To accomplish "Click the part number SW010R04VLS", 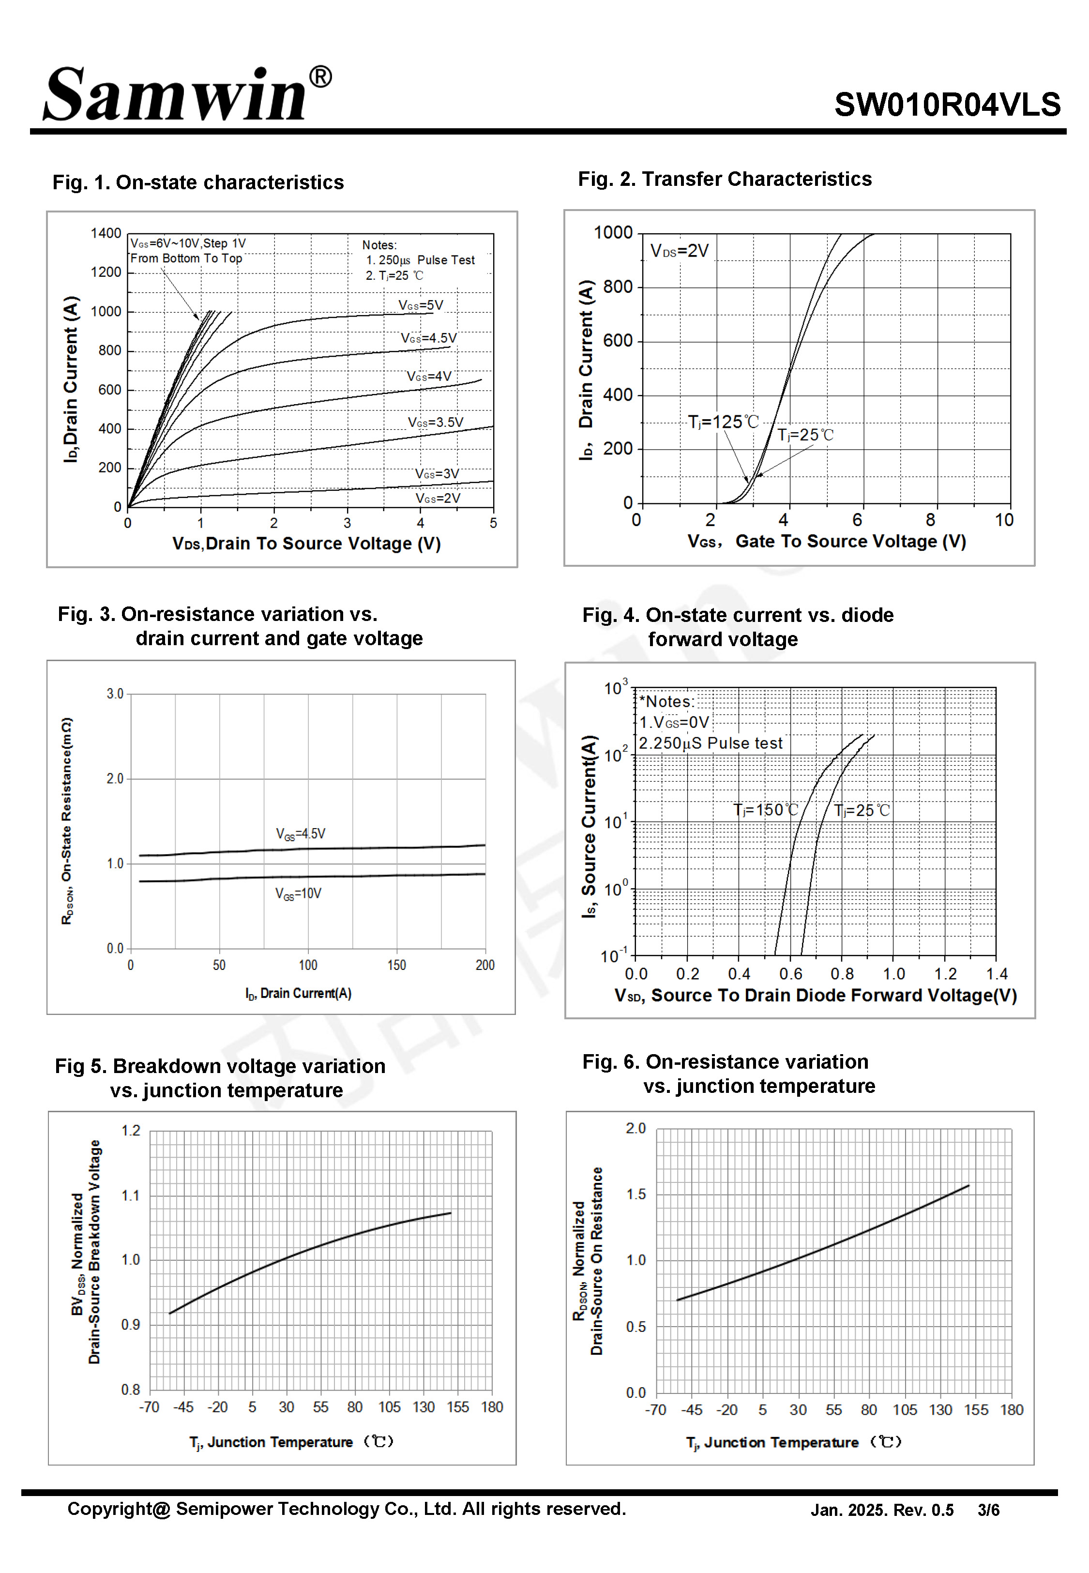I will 947,105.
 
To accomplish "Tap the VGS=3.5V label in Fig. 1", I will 435,422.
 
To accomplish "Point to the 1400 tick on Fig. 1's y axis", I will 106,233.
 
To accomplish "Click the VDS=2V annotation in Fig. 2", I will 679,251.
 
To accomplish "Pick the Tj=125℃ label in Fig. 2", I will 723,422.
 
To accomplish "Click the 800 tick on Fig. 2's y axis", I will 618,287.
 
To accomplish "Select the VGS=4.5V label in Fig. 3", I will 300,833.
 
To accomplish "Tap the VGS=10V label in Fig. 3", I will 298,893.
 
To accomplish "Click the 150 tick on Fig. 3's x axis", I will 396,965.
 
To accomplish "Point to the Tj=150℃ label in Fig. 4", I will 765,810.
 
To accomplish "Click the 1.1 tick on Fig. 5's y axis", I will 130,1195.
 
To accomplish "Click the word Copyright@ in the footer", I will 118,1509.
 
